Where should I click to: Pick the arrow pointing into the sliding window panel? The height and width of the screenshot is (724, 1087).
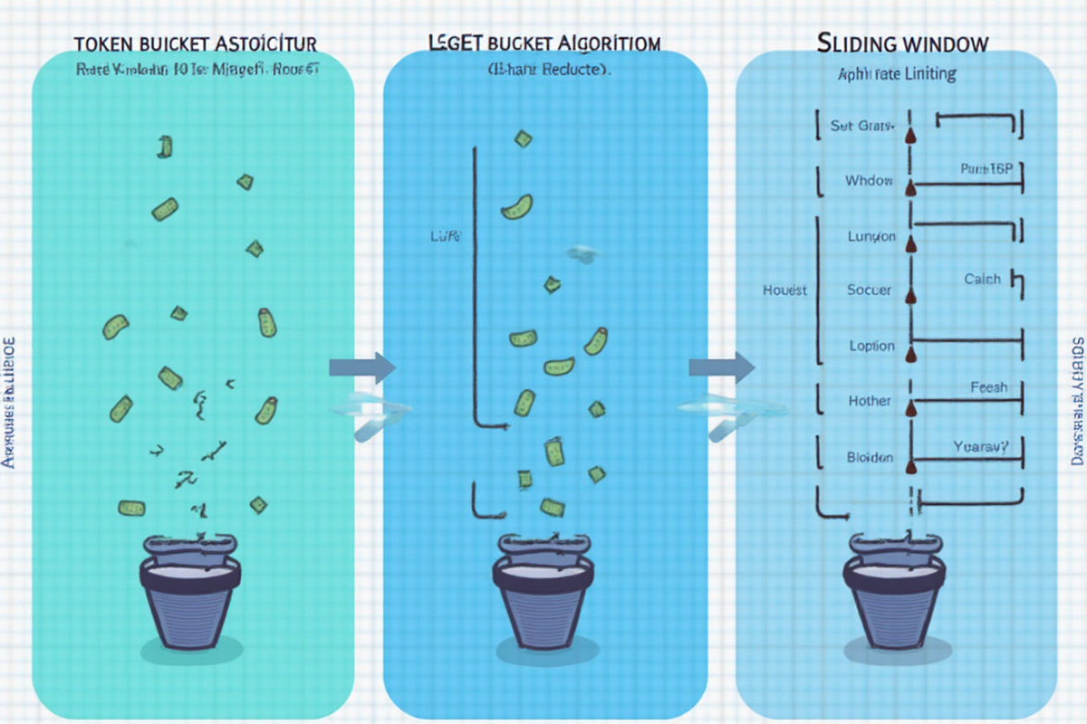click(721, 367)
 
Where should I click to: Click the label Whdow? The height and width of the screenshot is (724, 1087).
click(869, 181)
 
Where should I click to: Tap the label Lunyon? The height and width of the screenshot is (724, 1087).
click(871, 236)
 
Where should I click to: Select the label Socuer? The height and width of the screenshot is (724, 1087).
click(870, 291)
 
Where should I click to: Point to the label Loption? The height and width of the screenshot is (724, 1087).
click(871, 346)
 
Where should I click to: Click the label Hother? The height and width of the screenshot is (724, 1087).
click(870, 401)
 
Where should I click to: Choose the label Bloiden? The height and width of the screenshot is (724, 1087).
click(870, 457)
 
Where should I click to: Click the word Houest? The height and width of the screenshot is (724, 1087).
click(785, 291)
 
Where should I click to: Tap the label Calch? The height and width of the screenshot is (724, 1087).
click(982, 280)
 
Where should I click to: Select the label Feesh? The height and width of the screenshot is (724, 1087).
click(988, 387)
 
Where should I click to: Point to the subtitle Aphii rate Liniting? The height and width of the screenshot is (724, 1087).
click(897, 73)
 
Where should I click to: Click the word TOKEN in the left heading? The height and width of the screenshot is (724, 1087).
click(108, 43)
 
